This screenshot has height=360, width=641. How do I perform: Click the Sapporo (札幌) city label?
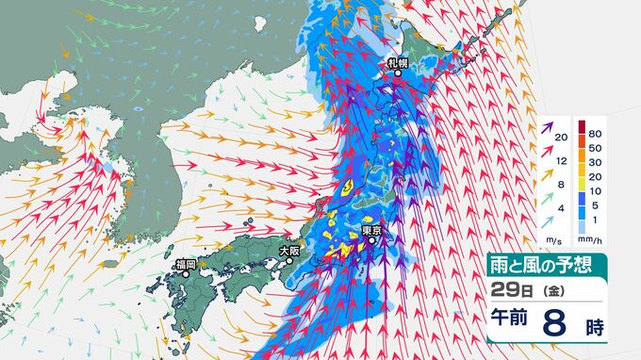(x=397, y=63)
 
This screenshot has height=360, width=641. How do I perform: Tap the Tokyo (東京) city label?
(x=370, y=230)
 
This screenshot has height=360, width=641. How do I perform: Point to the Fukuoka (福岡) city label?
(x=185, y=265)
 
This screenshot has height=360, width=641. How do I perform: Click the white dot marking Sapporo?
(x=397, y=74)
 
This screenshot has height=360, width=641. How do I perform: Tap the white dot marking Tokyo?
(x=371, y=240)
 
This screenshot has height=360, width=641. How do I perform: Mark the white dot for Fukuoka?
(x=186, y=274)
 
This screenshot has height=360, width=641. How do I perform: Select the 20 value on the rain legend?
(x=596, y=176)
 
